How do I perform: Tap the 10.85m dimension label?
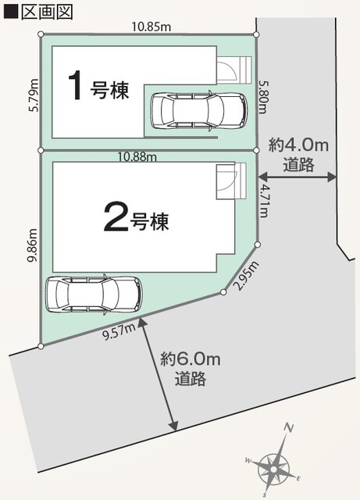(149, 26)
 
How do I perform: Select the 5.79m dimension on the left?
(34, 95)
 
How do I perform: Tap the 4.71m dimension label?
(266, 199)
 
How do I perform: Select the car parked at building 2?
(94, 294)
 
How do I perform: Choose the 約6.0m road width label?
(191, 367)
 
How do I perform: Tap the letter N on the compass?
(289, 428)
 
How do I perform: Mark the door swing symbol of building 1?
(227, 71)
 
